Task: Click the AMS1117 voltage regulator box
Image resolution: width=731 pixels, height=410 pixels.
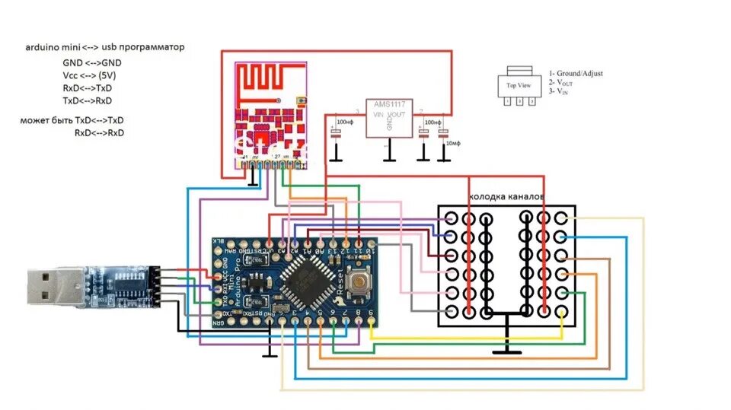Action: [x=389, y=117]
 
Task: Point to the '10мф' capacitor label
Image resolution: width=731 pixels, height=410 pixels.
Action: [x=454, y=143]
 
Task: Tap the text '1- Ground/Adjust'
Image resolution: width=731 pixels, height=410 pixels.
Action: [x=576, y=73]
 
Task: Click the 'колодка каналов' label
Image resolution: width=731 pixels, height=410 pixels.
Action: [x=507, y=197]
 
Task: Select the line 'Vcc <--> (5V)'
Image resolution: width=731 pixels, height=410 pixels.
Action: [x=89, y=75]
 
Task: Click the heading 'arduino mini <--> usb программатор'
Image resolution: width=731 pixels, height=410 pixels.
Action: [x=105, y=47]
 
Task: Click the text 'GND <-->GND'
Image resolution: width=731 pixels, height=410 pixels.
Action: [x=91, y=62]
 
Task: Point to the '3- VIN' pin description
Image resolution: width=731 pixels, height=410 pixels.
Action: [x=563, y=91]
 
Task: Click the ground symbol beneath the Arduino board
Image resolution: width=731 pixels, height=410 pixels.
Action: [x=268, y=352]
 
